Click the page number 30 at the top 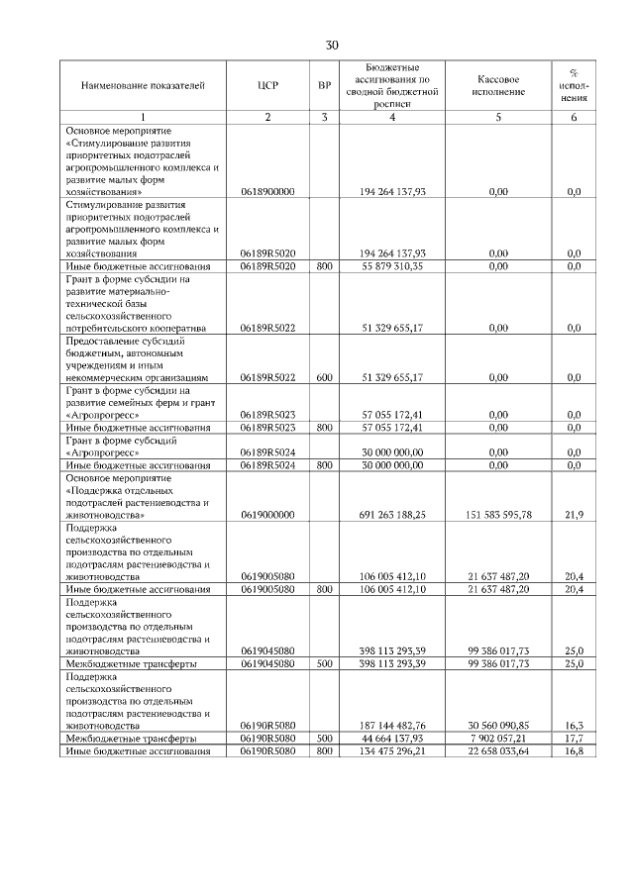point(332,45)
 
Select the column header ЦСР point(267,86)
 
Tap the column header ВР point(324,86)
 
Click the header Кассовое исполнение point(497,86)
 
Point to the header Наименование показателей point(143,86)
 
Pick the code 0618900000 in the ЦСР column point(267,191)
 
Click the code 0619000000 point(267,515)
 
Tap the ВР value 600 point(324,377)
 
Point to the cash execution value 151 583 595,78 point(497,515)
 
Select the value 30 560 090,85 point(497,726)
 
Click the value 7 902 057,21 point(497,739)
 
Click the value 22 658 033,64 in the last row point(497,751)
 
